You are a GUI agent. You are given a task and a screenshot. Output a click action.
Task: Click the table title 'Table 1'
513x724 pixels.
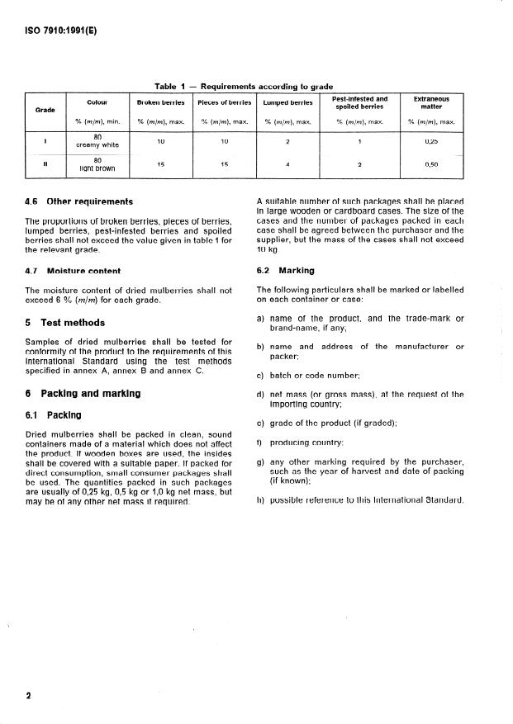[x=171, y=87]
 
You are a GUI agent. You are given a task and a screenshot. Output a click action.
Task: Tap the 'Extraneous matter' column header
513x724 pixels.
[x=430, y=102]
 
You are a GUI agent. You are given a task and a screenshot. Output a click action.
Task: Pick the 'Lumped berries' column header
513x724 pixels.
[x=287, y=102]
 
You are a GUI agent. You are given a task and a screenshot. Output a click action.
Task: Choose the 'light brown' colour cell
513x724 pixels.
[x=97, y=168]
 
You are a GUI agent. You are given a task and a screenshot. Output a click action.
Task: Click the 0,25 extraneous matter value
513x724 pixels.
[x=430, y=141]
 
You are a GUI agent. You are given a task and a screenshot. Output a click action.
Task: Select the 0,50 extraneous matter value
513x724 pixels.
[x=430, y=164]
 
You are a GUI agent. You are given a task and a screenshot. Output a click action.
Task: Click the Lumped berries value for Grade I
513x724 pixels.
[x=287, y=141]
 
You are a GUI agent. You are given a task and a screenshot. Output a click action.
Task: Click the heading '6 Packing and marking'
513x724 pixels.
[x=83, y=394]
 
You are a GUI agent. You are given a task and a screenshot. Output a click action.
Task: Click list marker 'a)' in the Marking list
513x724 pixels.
[x=261, y=318]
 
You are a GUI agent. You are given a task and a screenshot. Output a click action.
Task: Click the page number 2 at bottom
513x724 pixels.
[x=28, y=696]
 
